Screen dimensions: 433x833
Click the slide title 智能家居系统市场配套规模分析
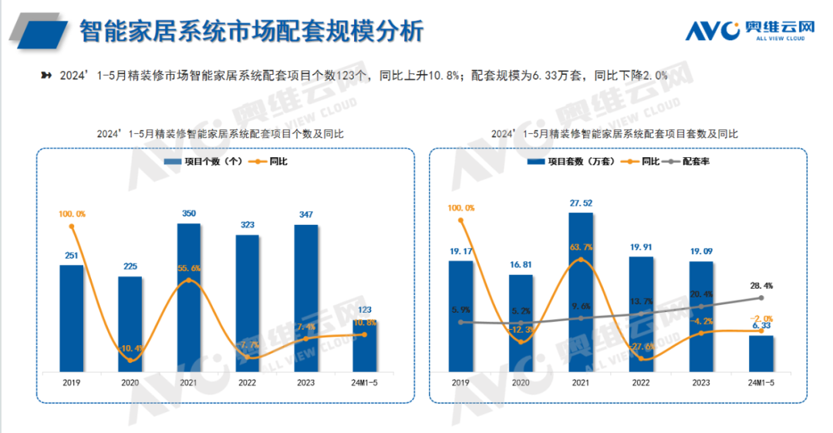tap(251, 32)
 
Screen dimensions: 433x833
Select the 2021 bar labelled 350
tap(189, 297)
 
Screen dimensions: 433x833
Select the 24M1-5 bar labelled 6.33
tap(760, 352)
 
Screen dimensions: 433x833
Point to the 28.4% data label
tap(760, 286)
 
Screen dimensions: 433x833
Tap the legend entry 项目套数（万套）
tap(571, 161)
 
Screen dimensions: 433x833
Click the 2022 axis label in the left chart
tap(248, 382)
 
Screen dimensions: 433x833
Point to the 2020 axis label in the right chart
tap(521, 382)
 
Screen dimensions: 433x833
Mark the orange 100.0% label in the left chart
tap(71, 213)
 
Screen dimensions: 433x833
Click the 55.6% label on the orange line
tap(189, 267)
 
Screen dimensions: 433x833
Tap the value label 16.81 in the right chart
tap(521, 264)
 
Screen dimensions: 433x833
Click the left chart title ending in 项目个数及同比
tap(221, 133)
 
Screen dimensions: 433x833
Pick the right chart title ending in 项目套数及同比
tap(615, 133)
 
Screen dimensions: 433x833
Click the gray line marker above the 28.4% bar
tap(760, 297)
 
